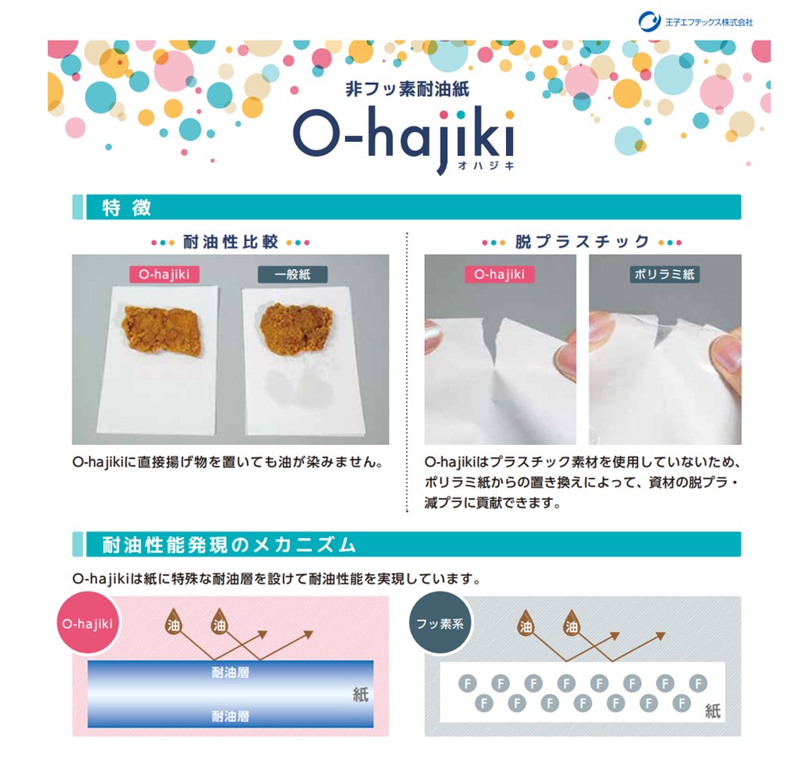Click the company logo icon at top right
point(649,21)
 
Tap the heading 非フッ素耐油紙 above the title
point(407,89)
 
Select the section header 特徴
point(126,208)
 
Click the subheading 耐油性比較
point(231,241)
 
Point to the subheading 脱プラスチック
point(582,241)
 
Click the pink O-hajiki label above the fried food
point(165,275)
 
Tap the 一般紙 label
point(293,275)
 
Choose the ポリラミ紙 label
point(664,275)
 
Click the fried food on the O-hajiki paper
point(161,330)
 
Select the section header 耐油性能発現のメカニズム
point(229,544)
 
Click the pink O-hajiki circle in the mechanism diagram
point(87,623)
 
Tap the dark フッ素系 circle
point(440,623)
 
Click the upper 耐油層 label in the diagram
point(230,672)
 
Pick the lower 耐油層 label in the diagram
point(230,716)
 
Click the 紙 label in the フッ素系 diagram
point(713,711)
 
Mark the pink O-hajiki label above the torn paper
point(500,275)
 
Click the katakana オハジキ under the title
point(486,166)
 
